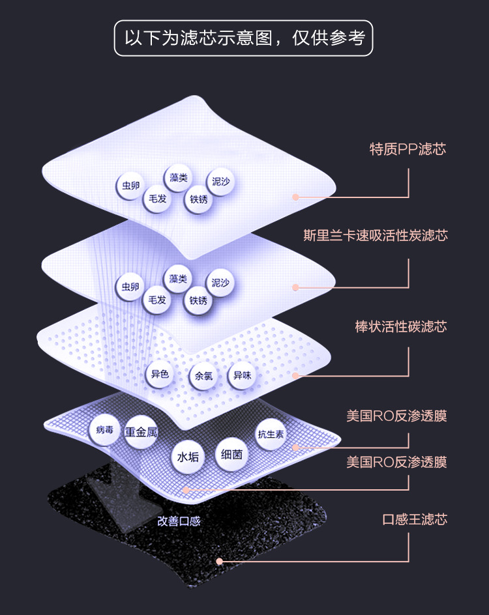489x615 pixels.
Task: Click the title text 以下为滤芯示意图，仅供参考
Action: click(x=244, y=38)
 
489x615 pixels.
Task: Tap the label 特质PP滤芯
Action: click(x=407, y=149)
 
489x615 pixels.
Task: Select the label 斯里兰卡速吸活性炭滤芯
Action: click(x=376, y=235)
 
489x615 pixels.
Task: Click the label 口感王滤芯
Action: click(x=415, y=519)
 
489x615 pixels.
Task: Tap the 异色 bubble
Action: click(x=160, y=375)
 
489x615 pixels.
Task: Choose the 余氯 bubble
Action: click(x=201, y=377)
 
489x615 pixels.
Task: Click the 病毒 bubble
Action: click(x=104, y=430)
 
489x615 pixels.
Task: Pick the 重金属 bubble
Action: click(x=141, y=432)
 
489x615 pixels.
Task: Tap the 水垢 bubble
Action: click(x=188, y=457)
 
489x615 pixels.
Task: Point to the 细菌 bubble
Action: click(x=231, y=454)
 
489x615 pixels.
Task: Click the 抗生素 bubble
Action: click(x=270, y=435)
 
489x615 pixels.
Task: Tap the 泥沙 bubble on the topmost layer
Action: click(x=220, y=182)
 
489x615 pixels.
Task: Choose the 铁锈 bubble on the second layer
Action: click(x=198, y=301)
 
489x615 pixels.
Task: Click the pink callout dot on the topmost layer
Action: click(x=295, y=197)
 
